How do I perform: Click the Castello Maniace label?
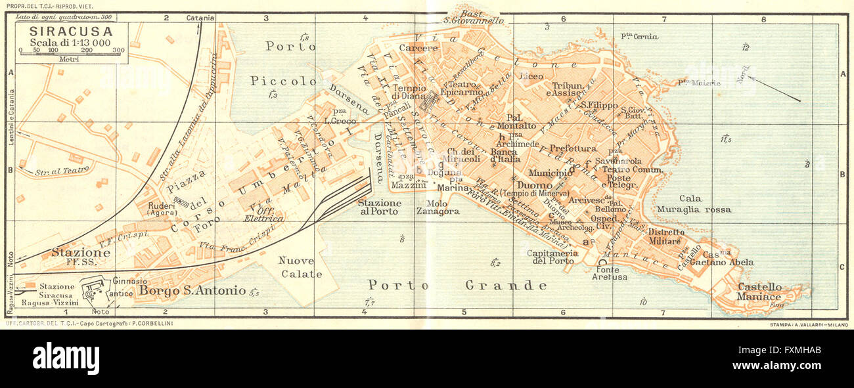pos(759,291)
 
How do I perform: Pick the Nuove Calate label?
pos(301,267)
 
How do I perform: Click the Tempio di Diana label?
pos(409,93)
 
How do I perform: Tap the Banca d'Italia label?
pos(505,155)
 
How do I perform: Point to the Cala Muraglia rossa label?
pos(695,204)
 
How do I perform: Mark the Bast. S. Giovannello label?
pos(473,16)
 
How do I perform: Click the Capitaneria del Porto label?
pos(552,257)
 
